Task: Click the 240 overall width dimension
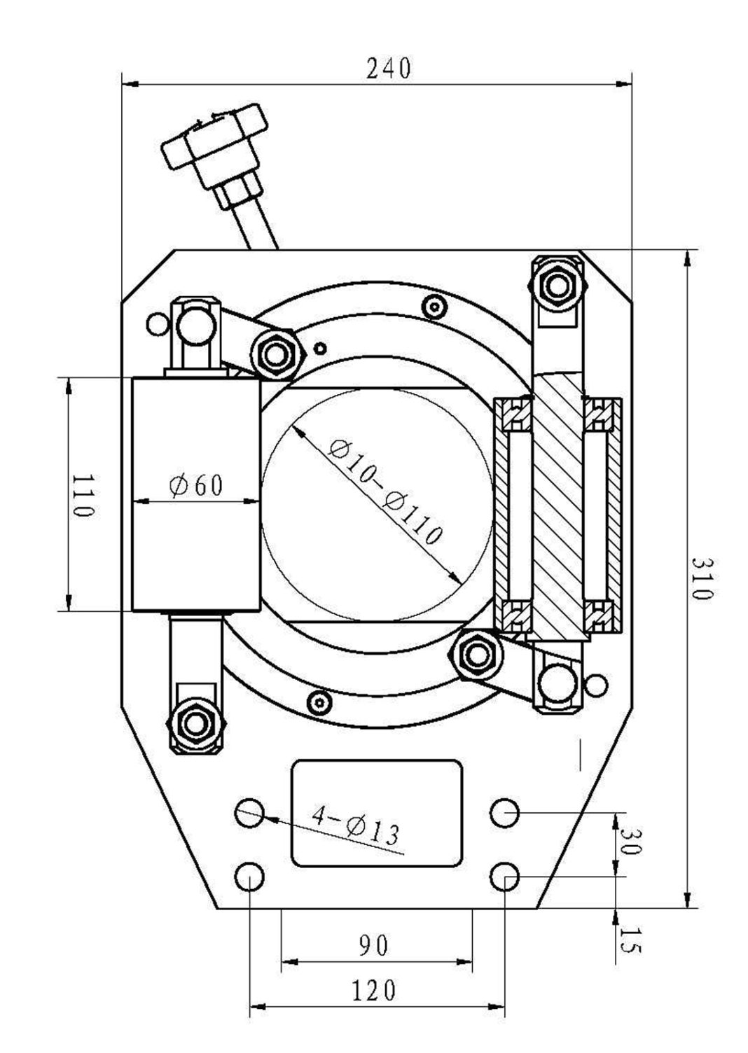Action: pos(389,69)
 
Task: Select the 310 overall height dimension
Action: pos(701,578)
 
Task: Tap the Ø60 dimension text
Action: pos(197,485)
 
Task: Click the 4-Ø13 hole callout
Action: pos(356,825)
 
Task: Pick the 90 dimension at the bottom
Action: pos(373,946)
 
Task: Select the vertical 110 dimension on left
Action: pos(83,495)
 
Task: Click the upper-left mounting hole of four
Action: pos(250,814)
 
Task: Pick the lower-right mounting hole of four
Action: pos(504,877)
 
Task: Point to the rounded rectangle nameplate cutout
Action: pos(377,813)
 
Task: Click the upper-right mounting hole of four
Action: pos(504,814)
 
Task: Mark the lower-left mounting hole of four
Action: pos(250,877)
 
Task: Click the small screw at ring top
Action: pos(435,306)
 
